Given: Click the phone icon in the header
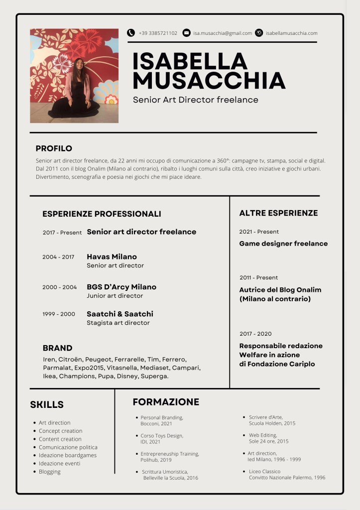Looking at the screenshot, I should [x=131, y=33].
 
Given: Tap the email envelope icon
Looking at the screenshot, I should [x=187, y=33].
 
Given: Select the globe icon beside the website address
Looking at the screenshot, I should [x=259, y=33].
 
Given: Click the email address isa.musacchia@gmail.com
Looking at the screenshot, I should [x=223, y=33].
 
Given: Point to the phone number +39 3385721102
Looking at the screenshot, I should [x=158, y=33].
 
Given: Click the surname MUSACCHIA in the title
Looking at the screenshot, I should [x=209, y=81].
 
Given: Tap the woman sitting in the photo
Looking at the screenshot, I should [x=76, y=90].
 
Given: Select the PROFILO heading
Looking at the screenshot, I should [x=54, y=148].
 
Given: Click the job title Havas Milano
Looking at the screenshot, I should [x=112, y=257].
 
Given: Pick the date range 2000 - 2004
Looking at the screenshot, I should [x=60, y=287].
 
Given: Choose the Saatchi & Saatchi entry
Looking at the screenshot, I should [x=120, y=314].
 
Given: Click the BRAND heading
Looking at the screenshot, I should [x=57, y=348].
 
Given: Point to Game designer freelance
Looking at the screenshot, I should [x=283, y=244].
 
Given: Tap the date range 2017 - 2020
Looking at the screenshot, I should [x=255, y=334].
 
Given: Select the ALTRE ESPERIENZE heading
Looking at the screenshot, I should [x=278, y=213].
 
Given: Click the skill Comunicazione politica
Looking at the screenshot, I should [x=68, y=447].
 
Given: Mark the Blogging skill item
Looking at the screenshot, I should [x=50, y=472].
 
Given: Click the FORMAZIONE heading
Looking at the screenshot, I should [x=166, y=402].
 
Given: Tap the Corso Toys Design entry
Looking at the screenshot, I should [x=162, y=436].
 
